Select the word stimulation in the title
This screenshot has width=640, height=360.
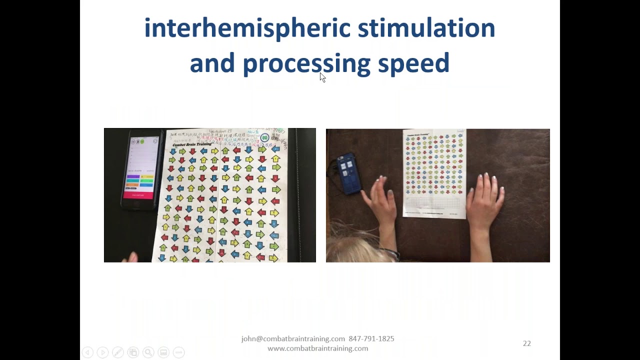(x=426, y=28)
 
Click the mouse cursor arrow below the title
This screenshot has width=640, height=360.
(x=322, y=77)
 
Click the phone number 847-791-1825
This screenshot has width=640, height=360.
(x=371, y=338)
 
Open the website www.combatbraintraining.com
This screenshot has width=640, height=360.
(x=317, y=348)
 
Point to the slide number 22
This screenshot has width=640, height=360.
(x=526, y=343)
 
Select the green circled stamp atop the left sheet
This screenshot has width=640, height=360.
(x=265, y=137)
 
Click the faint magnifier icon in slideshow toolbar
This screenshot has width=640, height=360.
(x=148, y=352)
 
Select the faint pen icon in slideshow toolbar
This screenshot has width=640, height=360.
(x=117, y=352)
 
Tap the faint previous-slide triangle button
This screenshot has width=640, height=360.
(x=87, y=352)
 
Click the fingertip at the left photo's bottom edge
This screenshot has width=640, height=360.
(x=132, y=257)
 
